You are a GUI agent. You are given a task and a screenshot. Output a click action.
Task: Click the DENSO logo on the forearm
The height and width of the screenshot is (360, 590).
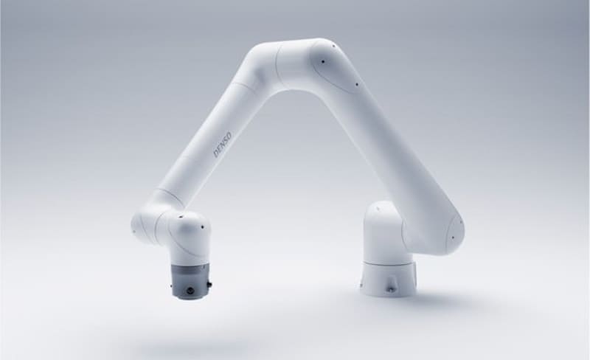(223, 145)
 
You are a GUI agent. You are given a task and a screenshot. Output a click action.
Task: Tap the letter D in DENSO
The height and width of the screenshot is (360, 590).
(216, 154)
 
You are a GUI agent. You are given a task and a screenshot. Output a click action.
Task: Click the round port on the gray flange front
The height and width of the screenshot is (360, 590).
(190, 291)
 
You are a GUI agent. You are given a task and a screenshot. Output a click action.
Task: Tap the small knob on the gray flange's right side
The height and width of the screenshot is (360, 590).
(209, 283)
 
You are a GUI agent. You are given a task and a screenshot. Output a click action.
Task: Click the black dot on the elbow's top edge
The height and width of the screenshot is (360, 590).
(333, 46)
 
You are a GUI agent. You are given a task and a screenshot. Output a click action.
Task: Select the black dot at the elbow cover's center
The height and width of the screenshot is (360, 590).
(323, 61)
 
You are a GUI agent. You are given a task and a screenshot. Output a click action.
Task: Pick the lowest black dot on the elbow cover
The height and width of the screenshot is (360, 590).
(357, 84)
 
